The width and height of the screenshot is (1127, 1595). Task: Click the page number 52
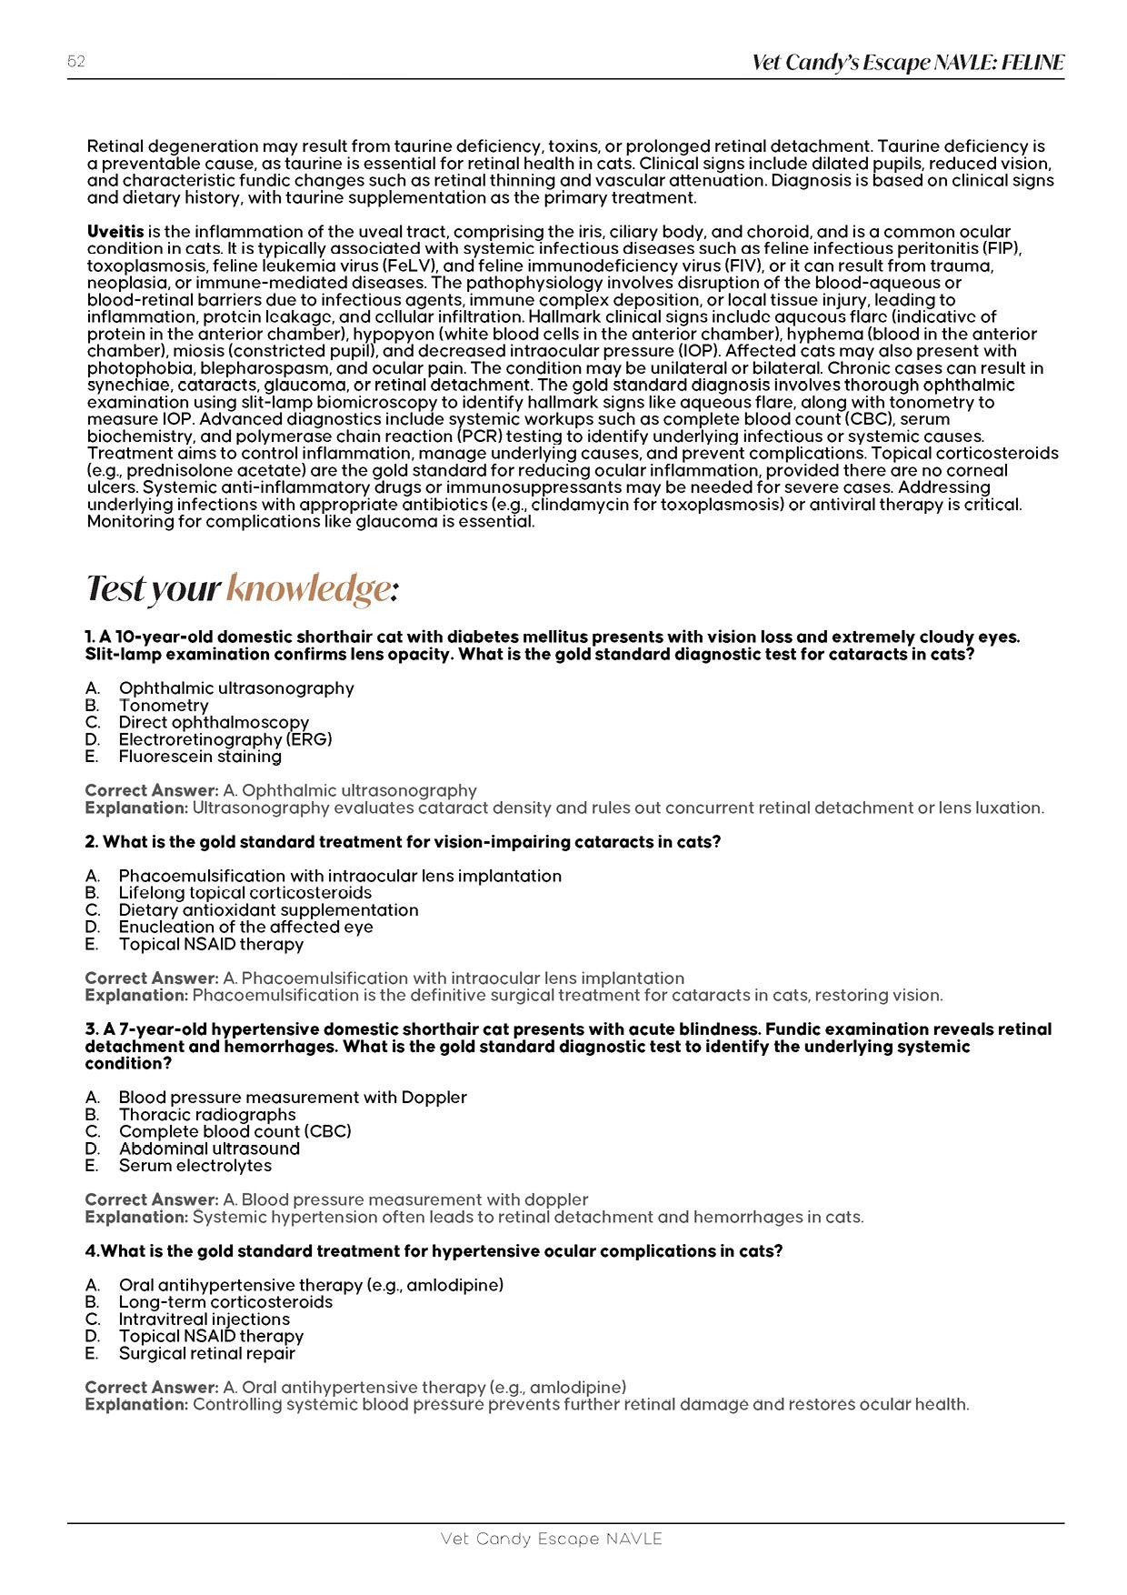[x=76, y=62]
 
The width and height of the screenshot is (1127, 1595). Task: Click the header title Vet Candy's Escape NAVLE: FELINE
[x=908, y=63]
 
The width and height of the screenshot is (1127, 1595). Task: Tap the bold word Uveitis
[x=115, y=232]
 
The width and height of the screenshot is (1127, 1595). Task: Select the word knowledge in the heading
[x=308, y=589]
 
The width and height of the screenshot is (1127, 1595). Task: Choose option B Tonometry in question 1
[x=164, y=706]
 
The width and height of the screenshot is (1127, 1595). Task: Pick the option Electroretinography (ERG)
[x=225, y=739]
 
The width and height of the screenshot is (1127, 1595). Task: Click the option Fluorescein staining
[x=200, y=757]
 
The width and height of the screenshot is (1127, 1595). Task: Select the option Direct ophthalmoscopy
[x=214, y=723]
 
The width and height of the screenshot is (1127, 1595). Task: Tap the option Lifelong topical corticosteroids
[x=244, y=893]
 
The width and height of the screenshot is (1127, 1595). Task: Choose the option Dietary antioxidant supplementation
[x=268, y=910]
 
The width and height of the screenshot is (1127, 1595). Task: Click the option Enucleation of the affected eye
[x=245, y=927]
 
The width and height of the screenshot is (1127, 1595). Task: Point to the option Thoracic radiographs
[x=207, y=1115]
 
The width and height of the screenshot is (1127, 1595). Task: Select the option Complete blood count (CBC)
[x=234, y=1131]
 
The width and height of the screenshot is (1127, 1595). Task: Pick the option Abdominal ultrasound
[x=209, y=1149]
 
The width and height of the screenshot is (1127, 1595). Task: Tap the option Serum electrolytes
[x=195, y=1166]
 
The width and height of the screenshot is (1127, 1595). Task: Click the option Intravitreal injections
[x=204, y=1319]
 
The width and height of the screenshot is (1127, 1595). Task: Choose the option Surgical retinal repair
[x=206, y=1353]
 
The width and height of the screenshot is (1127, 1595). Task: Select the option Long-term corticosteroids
[x=225, y=1302]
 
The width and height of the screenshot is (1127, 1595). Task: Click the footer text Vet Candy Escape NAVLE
[x=551, y=1540]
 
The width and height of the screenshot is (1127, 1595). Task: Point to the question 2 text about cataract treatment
[x=403, y=842]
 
